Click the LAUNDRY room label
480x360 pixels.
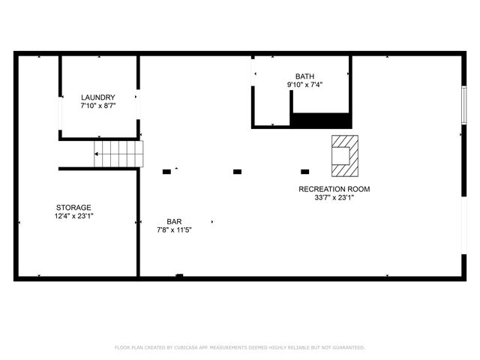(x=98, y=97)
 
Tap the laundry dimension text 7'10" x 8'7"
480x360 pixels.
(x=98, y=106)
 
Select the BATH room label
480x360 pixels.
(x=304, y=76)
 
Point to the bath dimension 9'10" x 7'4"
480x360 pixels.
(x=304, y=85)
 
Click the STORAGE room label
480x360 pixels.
(x=73, y=208)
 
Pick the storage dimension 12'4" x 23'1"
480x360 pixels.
(x=73, y=216)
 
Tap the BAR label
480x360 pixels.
(x=174, y=222)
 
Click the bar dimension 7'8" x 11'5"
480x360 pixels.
(x=174, y=230)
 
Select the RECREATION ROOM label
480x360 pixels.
(x=334, y=189)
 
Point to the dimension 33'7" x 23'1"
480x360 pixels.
(x=334, y=198)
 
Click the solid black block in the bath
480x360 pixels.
(x=321, y=120)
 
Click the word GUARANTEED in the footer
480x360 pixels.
(x=346, y=348)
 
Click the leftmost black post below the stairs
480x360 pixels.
(x=166, y=172)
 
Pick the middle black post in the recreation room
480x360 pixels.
(x=237, y=172)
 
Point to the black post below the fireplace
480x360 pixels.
(x=304, y=172)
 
